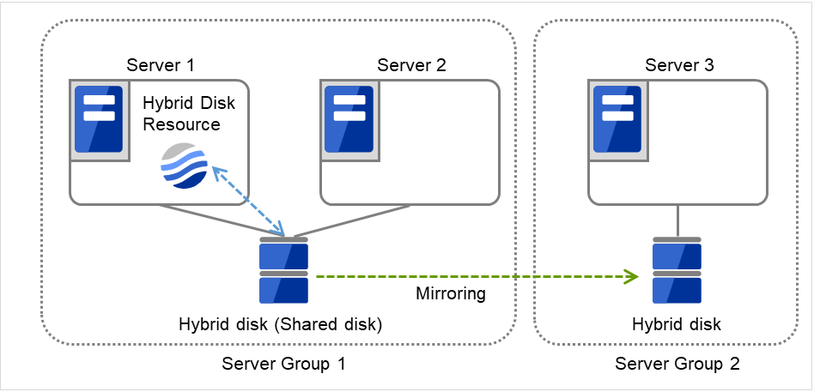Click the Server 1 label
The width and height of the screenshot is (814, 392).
(x=161, y=65)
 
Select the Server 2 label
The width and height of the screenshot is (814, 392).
(x=411, y=65)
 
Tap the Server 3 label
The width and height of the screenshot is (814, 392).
(x=679, y=65)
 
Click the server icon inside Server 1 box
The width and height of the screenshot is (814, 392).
(x=99, y=119)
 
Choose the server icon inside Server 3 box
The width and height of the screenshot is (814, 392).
(x=617, y=119)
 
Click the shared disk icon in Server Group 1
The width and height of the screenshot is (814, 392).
(x=283, y=270)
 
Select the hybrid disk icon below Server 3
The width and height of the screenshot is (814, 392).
(x=677, y=270)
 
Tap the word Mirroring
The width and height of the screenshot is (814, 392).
(x=451, y=294)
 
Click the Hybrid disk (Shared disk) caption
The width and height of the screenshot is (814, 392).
(x=280, y=325)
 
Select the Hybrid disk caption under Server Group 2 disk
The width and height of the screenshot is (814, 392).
(x=677, y=325)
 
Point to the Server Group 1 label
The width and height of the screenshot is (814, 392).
(x=283, y=364)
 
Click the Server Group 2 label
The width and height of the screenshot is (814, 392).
(x=677, y=364)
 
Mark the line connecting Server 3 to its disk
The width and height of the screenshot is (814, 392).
(x=677, y=220)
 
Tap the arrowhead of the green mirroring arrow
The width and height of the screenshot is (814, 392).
(x=632, y=276)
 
